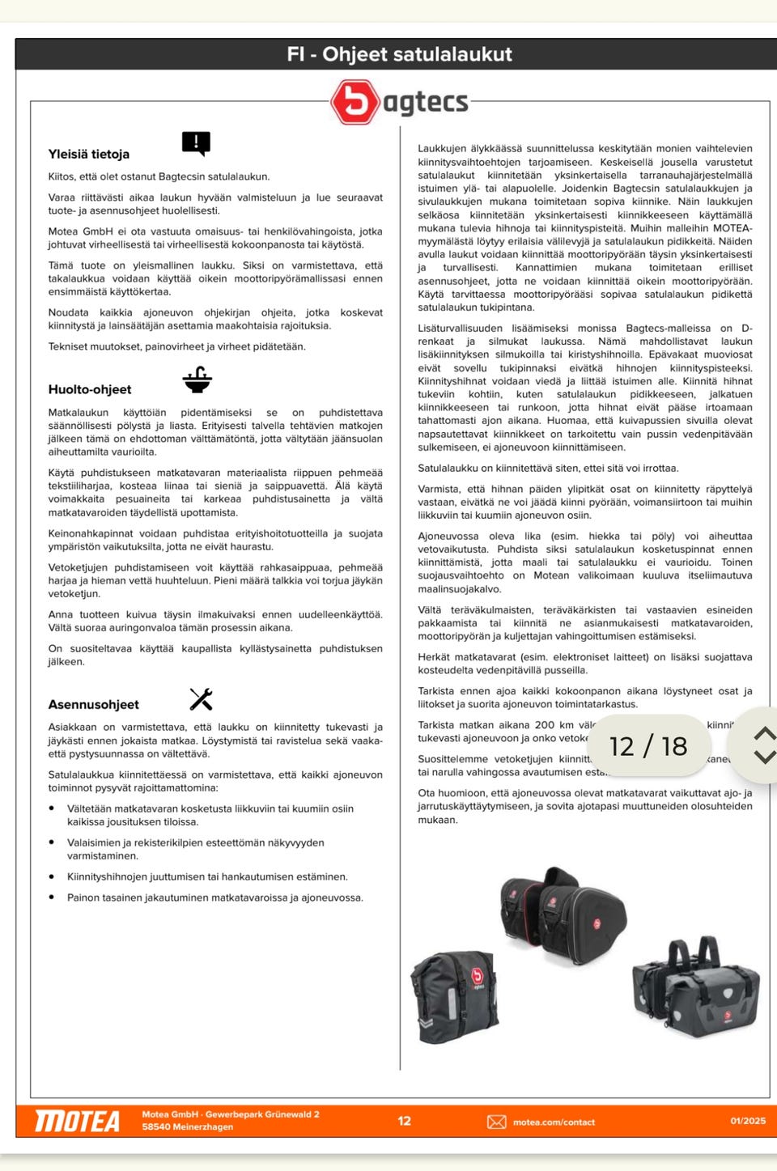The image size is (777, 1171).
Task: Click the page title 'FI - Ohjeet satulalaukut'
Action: pos(399,54)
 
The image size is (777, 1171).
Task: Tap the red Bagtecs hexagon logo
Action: pos(355,102)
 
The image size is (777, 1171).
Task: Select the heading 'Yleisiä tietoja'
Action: pos(88,154)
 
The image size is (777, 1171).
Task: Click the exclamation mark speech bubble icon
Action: pos(196,143)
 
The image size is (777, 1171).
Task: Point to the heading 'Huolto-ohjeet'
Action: pos(89,389)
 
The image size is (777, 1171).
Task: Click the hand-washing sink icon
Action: pos(197,380)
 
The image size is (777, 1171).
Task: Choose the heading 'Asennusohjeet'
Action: pos(93,704)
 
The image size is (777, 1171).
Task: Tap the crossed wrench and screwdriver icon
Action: pos(201,699)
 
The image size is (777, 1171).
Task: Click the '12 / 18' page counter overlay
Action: pos(647,745)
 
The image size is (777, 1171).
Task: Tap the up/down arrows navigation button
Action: pos(763,745)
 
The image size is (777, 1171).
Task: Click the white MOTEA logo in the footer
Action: pos(77,1121)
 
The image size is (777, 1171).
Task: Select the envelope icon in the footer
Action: pos(496,1122)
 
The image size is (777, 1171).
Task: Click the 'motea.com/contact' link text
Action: pos(554,1122)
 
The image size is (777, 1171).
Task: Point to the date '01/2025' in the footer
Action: pos(748,1121)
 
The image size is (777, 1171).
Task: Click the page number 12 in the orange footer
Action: pos(405,1121)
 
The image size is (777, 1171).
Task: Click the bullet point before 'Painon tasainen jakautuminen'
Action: pos(52,897)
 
